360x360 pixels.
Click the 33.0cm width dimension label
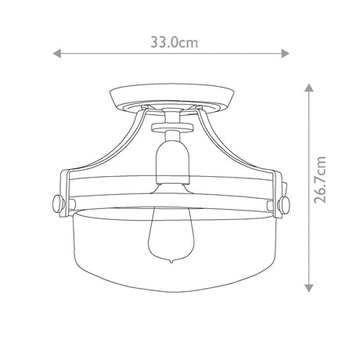tap(175, 42)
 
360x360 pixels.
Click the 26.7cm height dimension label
tap(320, 179)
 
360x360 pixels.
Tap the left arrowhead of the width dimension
tap(56, 54)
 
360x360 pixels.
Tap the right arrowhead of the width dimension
tap(285, 54)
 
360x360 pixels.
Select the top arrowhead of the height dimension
tap(309, 88)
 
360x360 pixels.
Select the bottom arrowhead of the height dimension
tap(309, 288)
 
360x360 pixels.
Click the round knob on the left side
tap(58, 203)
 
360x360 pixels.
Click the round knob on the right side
tap(284, 203)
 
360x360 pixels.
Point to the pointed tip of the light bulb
tap(171, 261)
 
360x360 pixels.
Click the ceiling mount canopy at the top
tap(172, 98)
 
